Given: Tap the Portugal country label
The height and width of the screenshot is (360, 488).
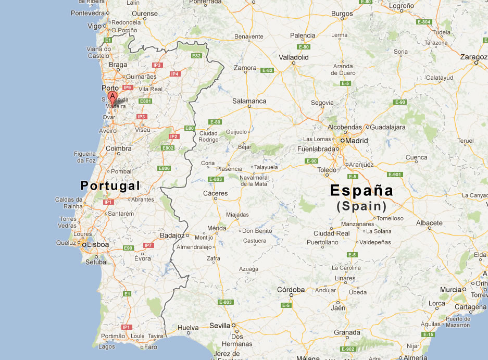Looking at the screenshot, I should [110, 186].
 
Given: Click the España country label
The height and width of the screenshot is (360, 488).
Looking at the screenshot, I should [361, 191].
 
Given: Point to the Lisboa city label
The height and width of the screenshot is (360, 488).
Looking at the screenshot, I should [98, 244].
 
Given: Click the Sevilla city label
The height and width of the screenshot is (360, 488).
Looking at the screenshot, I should [219, 326].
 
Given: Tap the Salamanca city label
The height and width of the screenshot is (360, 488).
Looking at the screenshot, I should [249, 101].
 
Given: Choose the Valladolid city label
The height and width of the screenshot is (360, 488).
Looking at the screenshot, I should [294, 57].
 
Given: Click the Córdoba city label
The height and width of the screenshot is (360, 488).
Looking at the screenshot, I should [291, 290].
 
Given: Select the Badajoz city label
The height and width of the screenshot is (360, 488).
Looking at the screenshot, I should [172, 235].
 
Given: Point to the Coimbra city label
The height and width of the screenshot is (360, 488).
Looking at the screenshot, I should [119, 148].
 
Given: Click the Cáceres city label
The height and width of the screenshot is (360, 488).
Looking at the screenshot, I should [216, 193].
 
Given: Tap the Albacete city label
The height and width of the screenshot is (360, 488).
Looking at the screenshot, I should [429, 223].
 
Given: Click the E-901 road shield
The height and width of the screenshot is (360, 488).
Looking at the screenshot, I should [395, 175].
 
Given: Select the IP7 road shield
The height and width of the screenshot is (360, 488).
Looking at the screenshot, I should [148, 245].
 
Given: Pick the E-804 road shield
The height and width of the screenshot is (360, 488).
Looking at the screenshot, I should [424, 22].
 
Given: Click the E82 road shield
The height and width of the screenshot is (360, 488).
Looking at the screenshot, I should [196, 56].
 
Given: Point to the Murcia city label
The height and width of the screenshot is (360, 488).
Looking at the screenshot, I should [451, 290].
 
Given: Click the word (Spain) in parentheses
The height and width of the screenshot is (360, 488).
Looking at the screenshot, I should [361, 206].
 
